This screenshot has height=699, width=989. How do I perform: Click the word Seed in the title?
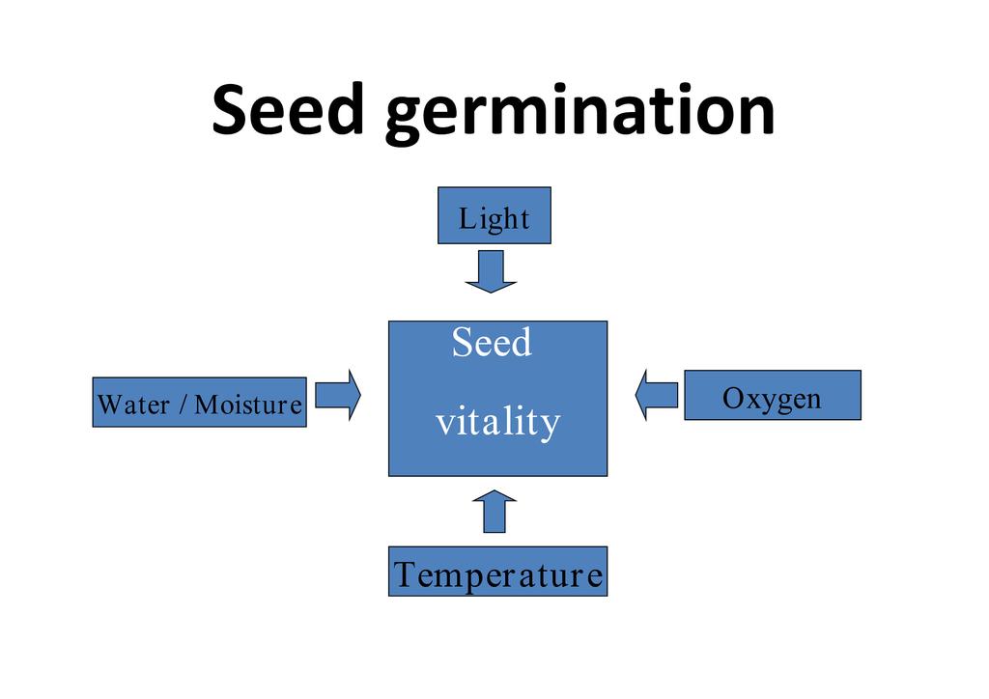288,109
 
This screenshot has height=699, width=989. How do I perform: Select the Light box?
494,215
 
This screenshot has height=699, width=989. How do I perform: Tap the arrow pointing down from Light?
491,271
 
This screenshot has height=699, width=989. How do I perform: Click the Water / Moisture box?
199,403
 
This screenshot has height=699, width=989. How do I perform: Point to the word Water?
133,405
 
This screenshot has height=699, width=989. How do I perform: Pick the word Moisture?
248,405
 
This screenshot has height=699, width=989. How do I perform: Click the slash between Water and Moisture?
183,405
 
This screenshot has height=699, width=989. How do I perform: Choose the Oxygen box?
772,396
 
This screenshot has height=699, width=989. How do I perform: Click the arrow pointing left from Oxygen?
657,395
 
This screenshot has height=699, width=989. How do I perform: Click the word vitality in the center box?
497,422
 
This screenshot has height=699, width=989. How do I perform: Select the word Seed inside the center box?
492,343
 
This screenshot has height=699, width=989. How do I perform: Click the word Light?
494,219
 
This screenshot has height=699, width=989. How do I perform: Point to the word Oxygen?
772,399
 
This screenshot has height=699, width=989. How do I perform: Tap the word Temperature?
497,574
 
